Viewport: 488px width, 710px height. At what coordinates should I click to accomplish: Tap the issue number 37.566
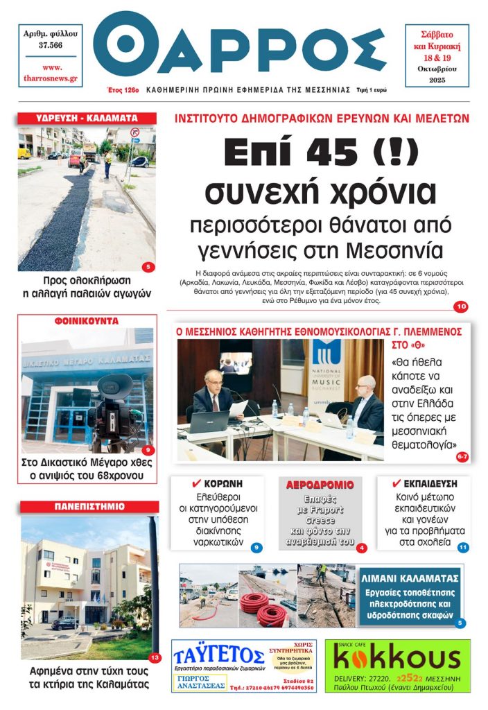click(51, 45)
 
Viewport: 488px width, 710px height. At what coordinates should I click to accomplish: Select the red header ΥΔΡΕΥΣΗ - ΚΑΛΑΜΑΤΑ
click(87, 119)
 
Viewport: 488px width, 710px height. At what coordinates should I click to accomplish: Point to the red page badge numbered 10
click(460, 306)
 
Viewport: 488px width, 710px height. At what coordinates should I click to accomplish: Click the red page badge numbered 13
click(155, 657)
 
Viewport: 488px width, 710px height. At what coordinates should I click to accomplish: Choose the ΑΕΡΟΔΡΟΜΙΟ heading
click(320, 484)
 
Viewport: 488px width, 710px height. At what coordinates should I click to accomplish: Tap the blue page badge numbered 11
click(462, 547)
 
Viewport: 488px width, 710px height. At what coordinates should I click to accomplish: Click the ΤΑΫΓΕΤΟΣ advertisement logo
click(215, 655)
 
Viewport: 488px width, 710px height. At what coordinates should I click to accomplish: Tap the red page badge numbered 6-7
click(462, 456)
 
